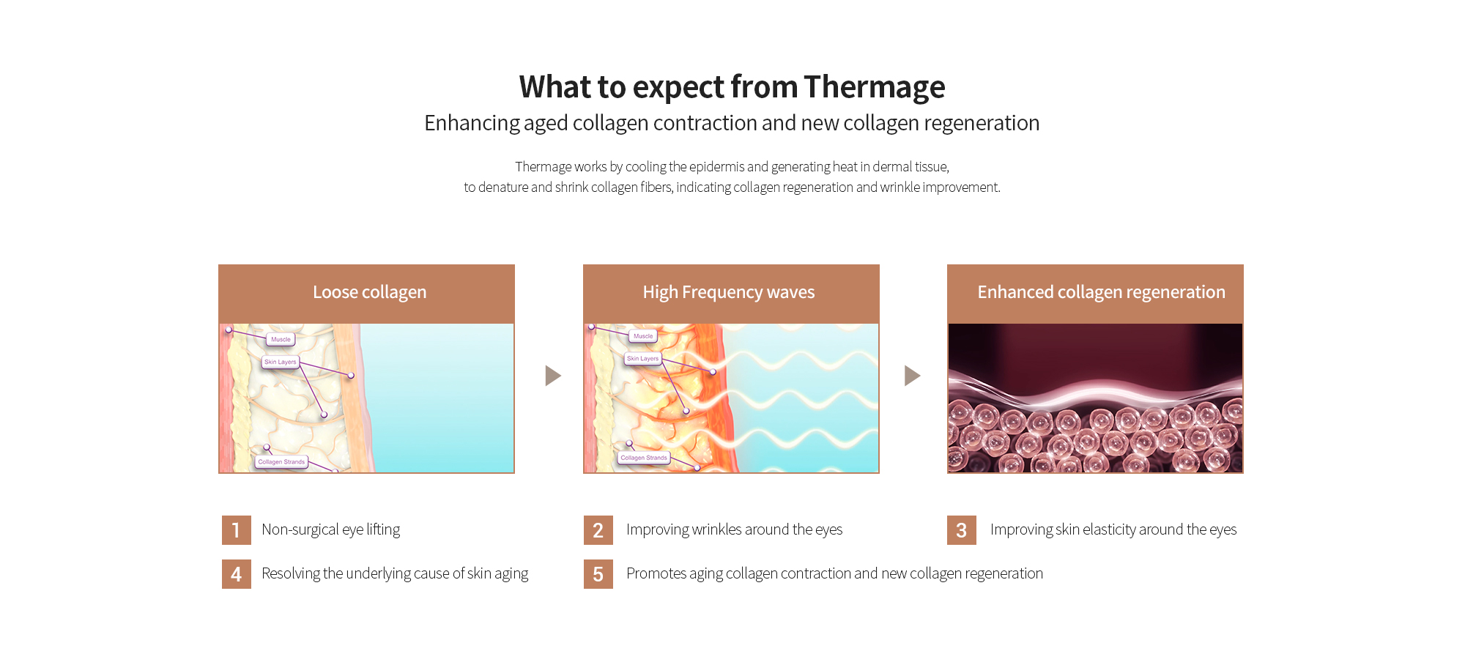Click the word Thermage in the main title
874,87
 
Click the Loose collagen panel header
366,294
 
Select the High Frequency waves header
731,294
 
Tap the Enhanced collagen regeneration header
1095,294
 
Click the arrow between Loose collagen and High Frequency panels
553,376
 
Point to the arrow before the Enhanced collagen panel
912,376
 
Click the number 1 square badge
236,530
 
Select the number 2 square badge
598,530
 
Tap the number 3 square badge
961,530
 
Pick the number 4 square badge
236,574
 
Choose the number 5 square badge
598,574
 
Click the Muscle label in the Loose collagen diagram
281,339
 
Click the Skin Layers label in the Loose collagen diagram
281,362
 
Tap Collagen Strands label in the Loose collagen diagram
281,462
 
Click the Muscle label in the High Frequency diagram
643,336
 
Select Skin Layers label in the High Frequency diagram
642,358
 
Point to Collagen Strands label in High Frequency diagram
644,458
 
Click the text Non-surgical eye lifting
330,529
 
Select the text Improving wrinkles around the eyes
734,529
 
